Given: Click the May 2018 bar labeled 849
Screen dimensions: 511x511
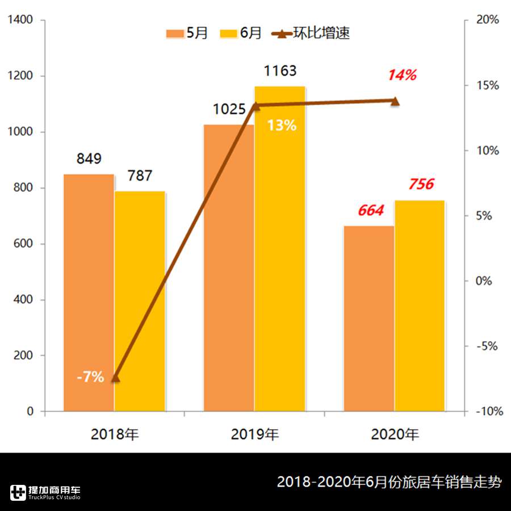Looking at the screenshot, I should (x=89, y=292).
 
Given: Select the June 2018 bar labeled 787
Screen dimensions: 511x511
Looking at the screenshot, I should (x=140, y=301).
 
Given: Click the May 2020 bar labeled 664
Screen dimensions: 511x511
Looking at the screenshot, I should (x=368, y=318).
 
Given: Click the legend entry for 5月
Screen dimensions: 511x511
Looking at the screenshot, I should (x=187, y=33).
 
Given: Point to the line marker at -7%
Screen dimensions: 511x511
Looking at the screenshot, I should (x=115, y=378).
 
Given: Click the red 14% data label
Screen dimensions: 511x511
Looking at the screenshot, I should (x=402, y=75).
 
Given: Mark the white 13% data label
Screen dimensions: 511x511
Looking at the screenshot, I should (x=282, y=125).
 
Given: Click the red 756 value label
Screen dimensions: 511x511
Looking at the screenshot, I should (x=421, y=185).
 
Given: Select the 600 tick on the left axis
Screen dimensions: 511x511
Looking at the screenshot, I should (x=24, y=244).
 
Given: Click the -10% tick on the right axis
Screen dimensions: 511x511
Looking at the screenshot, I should (x=488, y=412).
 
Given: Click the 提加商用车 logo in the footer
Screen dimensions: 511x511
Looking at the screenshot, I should (x=45, y=492).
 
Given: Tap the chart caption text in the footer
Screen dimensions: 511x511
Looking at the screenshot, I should (x=389, y=483).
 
